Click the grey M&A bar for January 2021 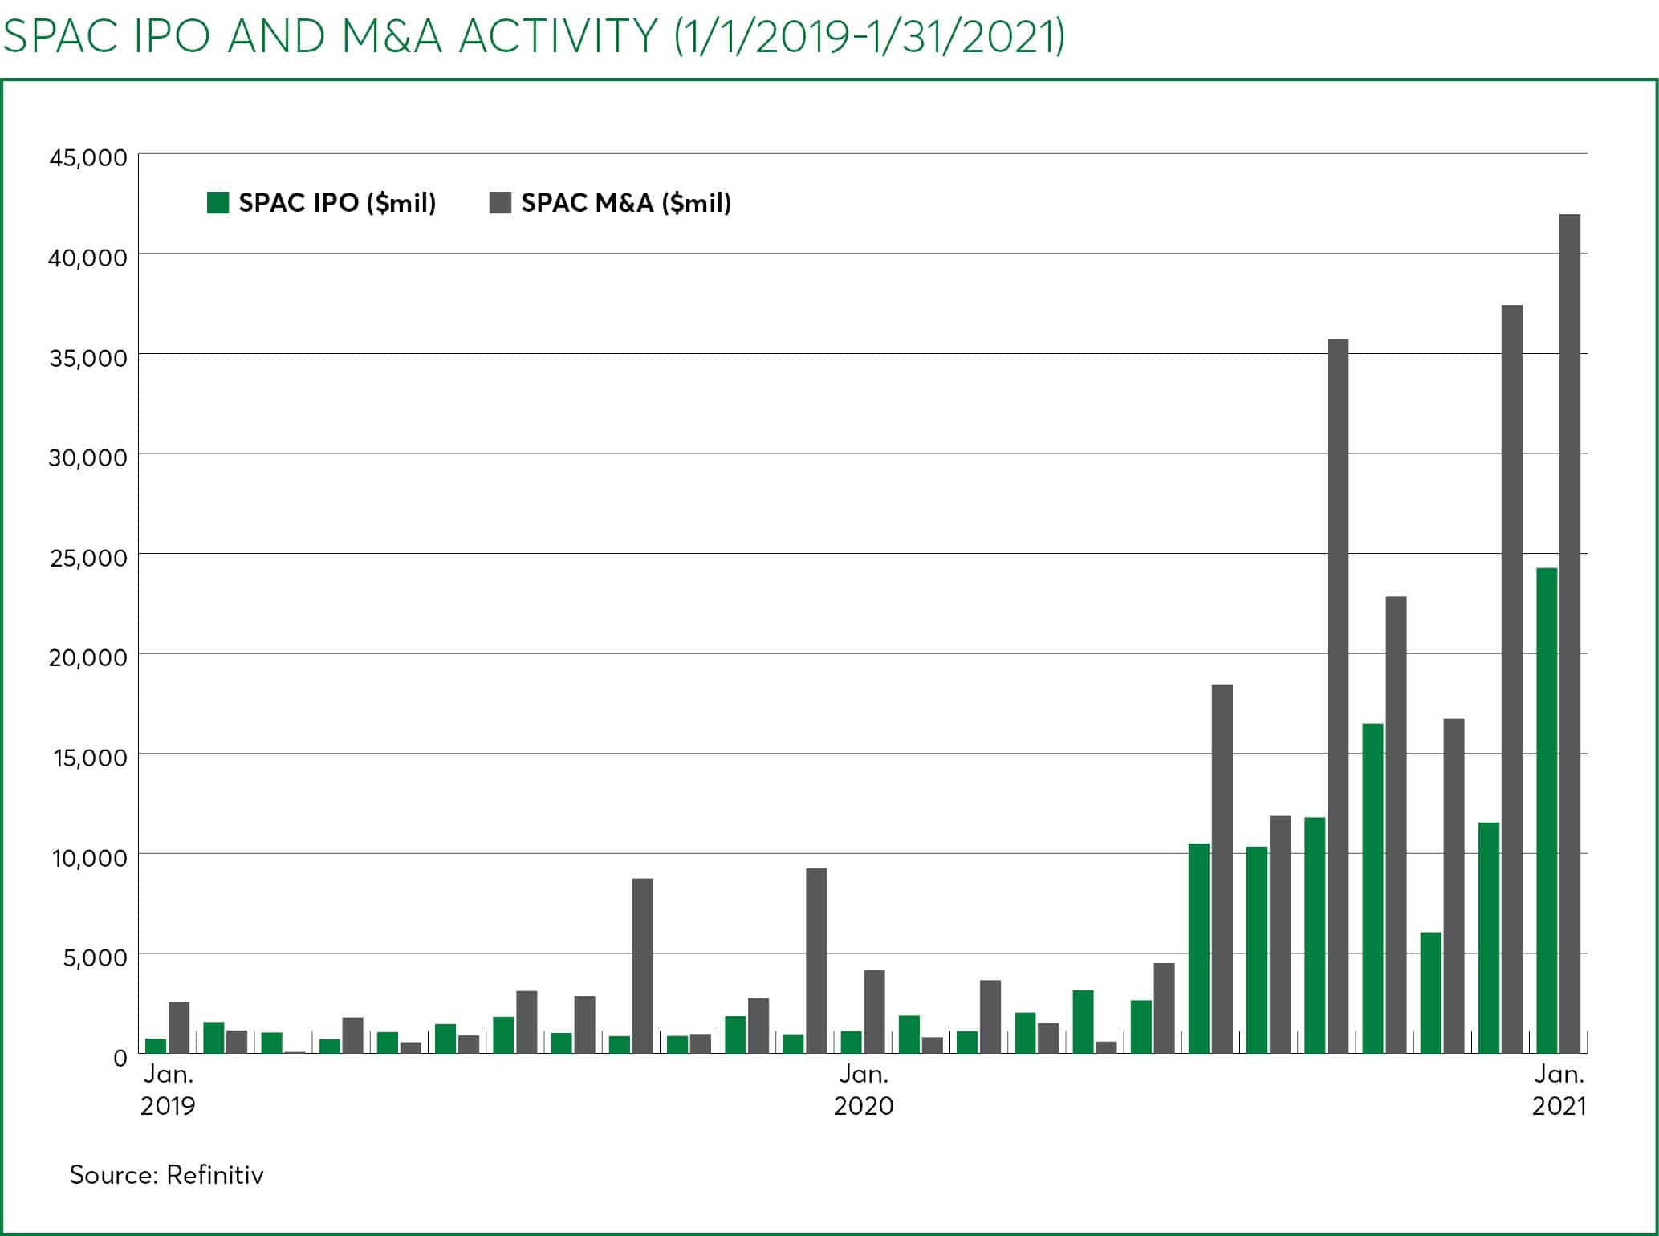tap(1569, 633)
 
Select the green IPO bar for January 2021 tap(1547, 811)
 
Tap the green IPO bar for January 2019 tap(156, 1046)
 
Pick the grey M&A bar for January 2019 tap(179, 1027)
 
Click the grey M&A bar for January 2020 tap(874, 1011)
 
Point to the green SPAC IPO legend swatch tap(218, 203)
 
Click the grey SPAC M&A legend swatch tap(500, 203)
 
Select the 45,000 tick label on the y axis tap(88, 157)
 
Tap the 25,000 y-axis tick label tap(88, 558)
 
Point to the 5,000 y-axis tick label tap(95, 957)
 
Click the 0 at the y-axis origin tap(120, 1058)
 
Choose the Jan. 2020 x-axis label tap(864, 1090)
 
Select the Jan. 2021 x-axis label tap(1559, 1090)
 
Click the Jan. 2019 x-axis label tap(168, 1090)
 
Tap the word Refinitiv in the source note tap(215, 1175)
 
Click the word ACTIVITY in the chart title tap(559, 36)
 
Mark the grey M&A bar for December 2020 tap(1511, 679)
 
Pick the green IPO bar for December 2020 tap(1489, 938)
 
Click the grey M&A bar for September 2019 tap(642, 966)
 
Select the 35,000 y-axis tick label tap(88, 358)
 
